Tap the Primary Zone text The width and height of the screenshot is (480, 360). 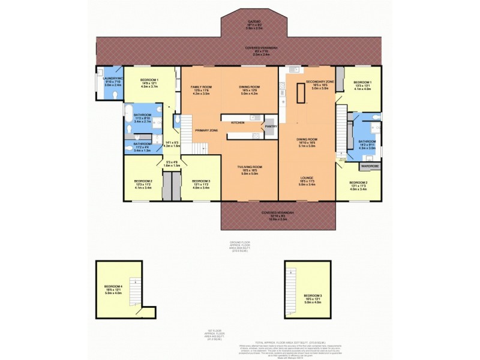(x=206, y=130)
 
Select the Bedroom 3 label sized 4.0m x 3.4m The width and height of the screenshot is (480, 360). (x=200, y=183)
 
